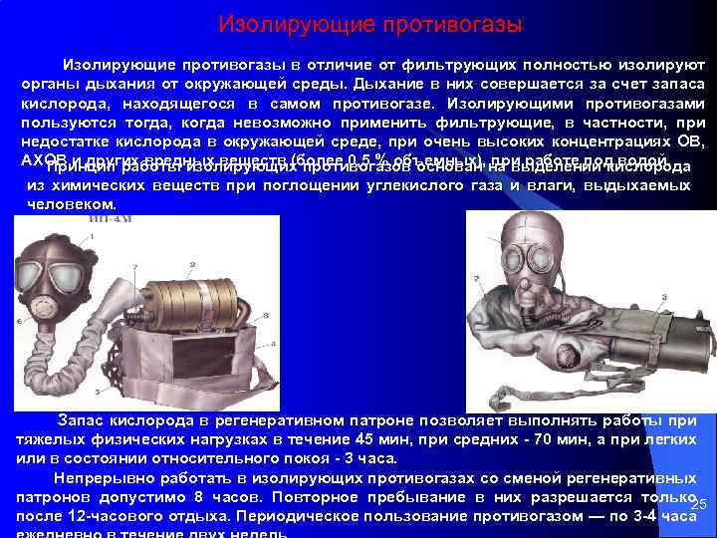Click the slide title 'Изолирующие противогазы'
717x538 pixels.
pyautogui.click(x=369, y=22)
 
